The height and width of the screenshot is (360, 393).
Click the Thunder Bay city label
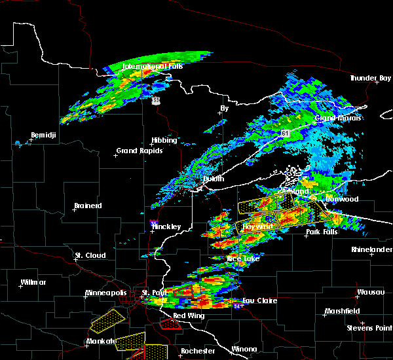370,78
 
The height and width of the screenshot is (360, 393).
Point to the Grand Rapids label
136,151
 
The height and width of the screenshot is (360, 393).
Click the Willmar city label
33,282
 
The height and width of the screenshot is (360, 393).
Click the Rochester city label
197,351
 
